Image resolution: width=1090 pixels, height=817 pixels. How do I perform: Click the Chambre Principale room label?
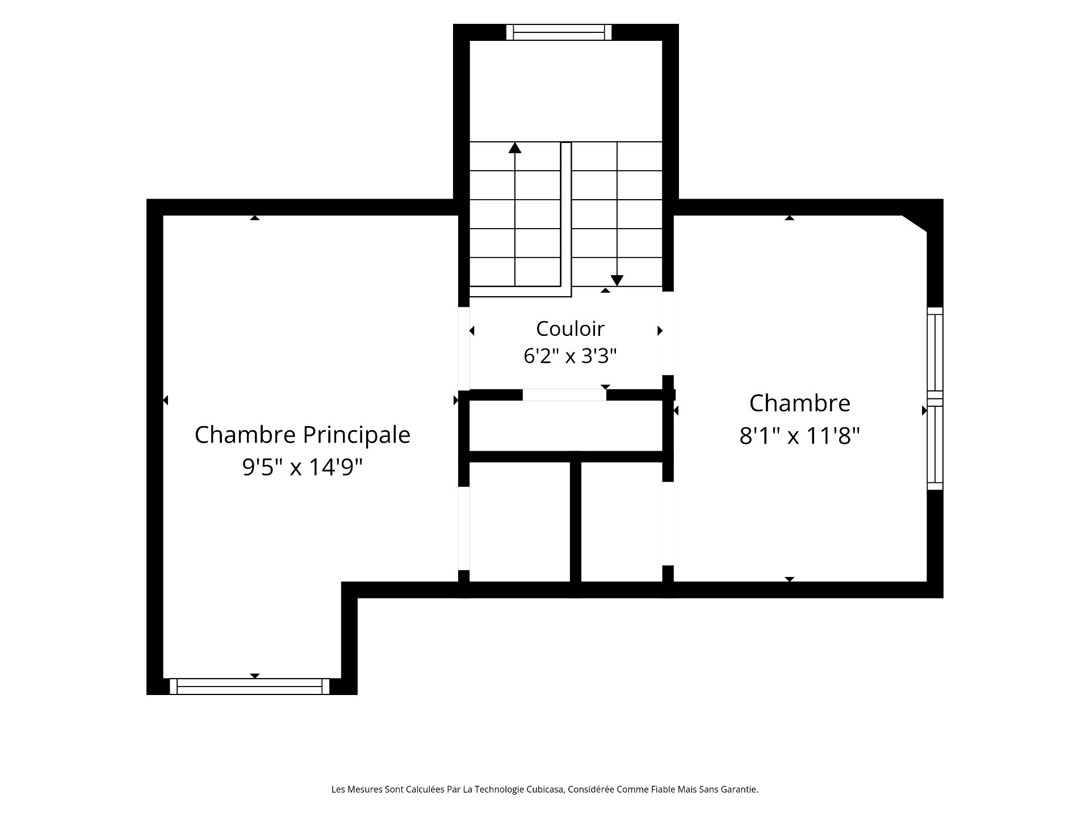coord(302,435)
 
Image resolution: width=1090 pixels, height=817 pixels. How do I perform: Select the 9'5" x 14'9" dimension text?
coord(302,468)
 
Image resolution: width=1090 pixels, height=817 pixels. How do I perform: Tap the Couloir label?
coord(570,329)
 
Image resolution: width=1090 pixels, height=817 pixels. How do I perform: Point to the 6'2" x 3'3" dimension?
coord(570,356)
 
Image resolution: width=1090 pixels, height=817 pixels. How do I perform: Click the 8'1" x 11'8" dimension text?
coord(799,436)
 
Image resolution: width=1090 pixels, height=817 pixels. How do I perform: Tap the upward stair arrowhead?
coord(515,148)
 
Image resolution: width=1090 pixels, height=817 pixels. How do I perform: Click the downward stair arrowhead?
coord(617,281)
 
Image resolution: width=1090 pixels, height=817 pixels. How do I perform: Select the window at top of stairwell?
coord(559,32)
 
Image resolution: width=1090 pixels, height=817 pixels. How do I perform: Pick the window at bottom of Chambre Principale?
coord(250,687)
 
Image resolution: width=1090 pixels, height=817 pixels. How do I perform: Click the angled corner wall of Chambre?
coord(915,223)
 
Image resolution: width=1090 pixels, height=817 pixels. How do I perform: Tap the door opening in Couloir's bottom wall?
coord(564,395)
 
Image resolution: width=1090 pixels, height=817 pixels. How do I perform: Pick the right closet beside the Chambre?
coord(622,522)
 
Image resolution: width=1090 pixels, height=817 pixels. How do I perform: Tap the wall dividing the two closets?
coord(576,522)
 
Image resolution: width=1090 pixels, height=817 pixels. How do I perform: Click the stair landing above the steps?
coord(566,91)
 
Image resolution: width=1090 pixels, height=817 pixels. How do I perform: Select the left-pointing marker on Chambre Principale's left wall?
coord(166,401)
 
